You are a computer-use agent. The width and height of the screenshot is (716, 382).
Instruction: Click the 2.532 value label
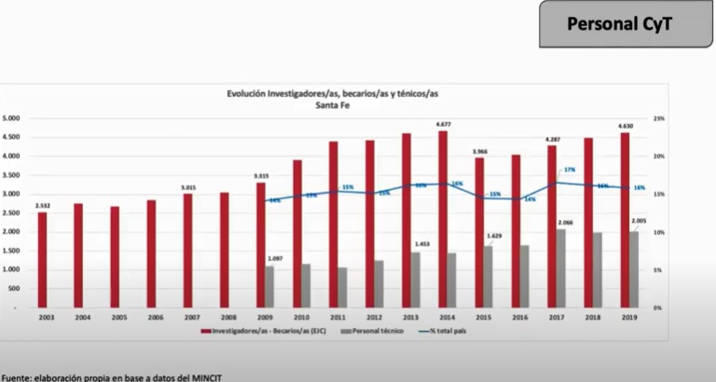pos(43,205)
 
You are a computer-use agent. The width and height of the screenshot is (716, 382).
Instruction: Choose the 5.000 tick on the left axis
pos(12,119)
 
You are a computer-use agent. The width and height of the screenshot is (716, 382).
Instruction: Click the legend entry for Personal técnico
pos(373,331)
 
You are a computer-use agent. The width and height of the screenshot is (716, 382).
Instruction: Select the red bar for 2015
pos(480,232)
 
